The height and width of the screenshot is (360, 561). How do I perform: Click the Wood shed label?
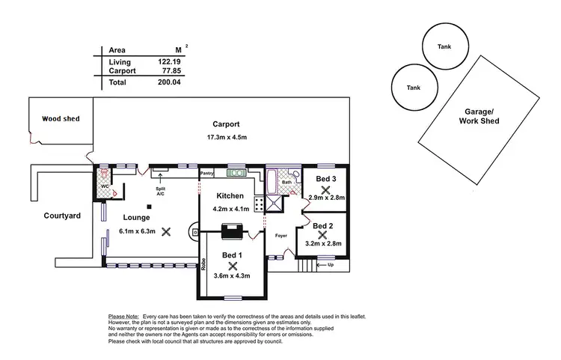coord(61,118)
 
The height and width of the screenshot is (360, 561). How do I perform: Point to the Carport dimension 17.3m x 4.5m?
coord(225,138)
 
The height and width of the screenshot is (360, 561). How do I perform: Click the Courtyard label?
coord(61,216)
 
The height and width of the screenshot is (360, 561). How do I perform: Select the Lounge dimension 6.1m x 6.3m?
coord(137,231)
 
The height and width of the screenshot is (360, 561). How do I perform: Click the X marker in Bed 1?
coord(233,266)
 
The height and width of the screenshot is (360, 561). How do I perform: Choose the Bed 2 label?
coord(322,225)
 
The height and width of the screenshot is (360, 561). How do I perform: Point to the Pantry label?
coord(207,174)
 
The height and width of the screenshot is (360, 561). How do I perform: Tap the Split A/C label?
coord(160,190)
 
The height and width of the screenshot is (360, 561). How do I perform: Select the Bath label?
coord(286,182)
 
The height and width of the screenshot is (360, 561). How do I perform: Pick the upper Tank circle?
coord(444,46)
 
